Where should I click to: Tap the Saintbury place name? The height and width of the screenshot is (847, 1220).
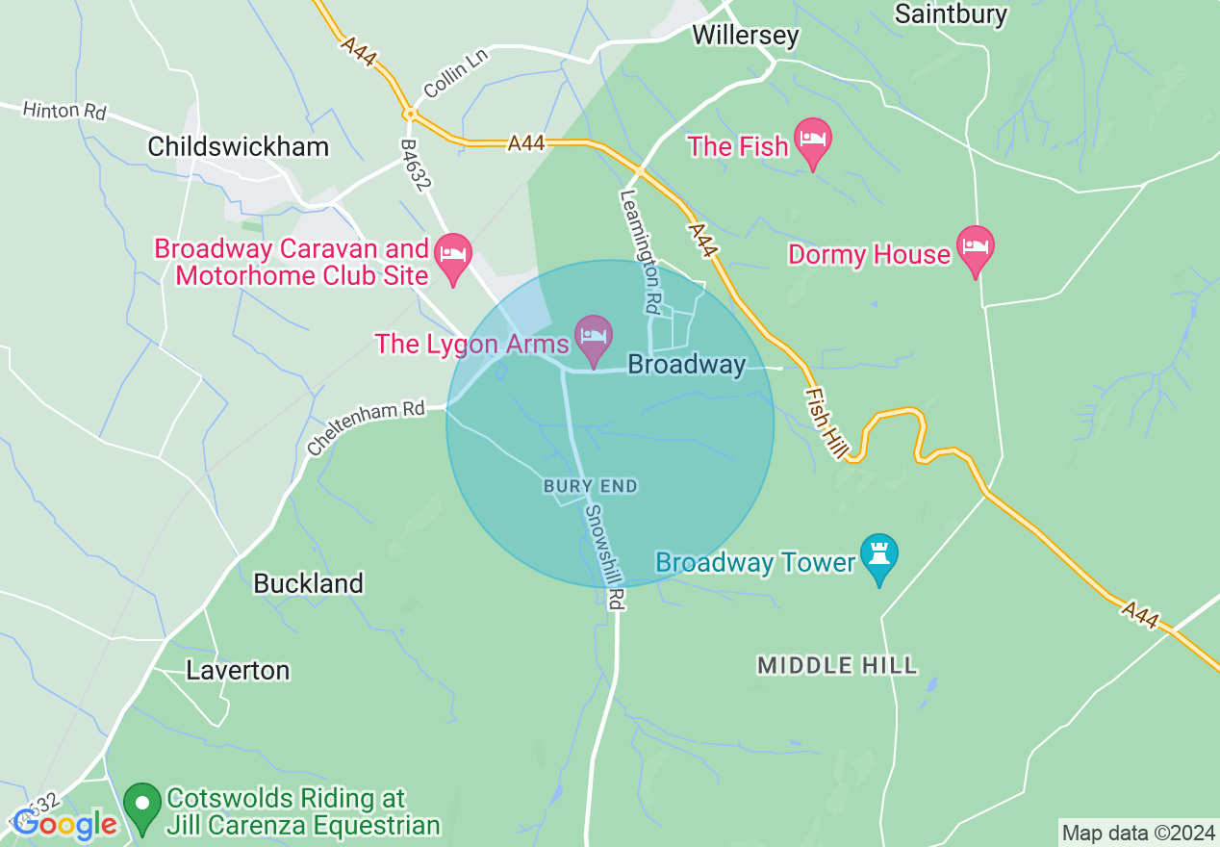(x=951, y=13)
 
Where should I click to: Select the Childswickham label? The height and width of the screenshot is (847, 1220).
(x=238, y=146)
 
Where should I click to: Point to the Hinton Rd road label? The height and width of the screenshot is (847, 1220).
(x=64, y=111)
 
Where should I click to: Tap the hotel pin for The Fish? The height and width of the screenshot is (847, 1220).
(x=813, y=141)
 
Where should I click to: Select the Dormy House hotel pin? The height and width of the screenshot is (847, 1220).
(x=975, y=248)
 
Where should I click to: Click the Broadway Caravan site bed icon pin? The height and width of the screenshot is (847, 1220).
(x=452, y=255)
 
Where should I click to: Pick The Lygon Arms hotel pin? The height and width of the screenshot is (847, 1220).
(x=594, y=337)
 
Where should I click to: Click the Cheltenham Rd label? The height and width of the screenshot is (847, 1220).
(x=367, y=427)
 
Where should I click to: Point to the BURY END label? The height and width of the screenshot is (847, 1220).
(x=590, y=486)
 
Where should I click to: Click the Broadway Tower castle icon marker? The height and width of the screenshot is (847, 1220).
(x=878, y=555)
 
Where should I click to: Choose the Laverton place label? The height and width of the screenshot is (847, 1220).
(x=238, y=670)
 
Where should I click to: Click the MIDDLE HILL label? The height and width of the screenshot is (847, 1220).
(x=837, y=665)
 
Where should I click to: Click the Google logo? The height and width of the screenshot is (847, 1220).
(x=64, y=824)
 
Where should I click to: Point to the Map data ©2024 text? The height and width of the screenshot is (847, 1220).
(x=1136, y=832)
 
